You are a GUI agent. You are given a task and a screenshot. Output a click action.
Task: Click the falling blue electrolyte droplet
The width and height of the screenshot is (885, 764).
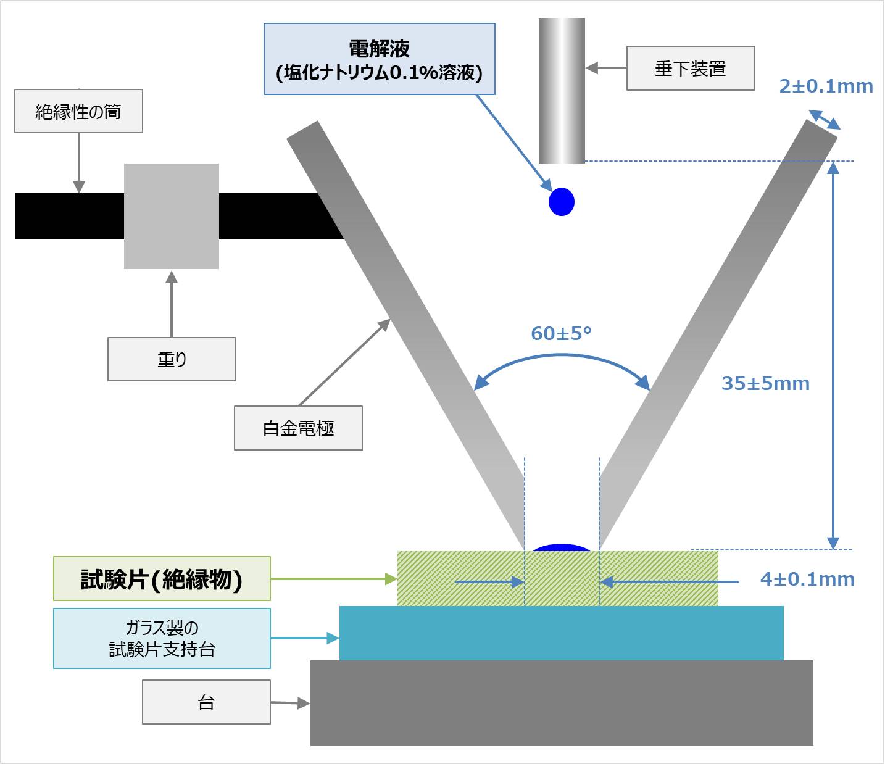[x=562, y=202]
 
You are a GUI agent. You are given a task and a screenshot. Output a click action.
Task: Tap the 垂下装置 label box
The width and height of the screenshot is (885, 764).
[x=691, y=69]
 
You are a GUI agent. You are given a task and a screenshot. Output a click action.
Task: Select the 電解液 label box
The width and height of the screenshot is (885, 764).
[x=379, y=59]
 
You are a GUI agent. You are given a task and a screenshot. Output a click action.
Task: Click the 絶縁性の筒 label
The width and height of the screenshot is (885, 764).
[x=78, y=111]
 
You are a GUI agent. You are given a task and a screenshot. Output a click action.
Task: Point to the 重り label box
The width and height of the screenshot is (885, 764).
[x=172, y=359]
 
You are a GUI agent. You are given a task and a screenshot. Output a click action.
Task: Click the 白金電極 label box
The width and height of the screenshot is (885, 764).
[x=298, y=428]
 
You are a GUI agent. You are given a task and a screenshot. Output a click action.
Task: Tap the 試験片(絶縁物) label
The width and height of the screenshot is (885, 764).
[x=162, y=579]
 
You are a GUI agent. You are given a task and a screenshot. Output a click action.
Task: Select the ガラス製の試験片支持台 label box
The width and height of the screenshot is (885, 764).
[x=162, y=639]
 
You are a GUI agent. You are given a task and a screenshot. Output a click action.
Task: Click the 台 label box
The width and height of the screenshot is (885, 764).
[x=206, y=702]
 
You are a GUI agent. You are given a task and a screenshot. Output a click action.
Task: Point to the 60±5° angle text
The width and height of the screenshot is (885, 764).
[x=561, y=334]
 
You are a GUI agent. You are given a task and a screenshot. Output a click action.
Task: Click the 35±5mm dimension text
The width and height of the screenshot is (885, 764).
[x=765, y=384]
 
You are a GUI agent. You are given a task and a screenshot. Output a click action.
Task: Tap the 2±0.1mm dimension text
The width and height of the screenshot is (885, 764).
[x=826, y=86]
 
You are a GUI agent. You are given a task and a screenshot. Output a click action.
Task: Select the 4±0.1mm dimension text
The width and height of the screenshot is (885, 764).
[x=807, y=579]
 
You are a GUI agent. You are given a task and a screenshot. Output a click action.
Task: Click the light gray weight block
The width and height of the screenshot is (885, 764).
[x=172, y=216]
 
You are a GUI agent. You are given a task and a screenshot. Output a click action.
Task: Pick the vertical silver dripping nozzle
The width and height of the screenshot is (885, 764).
[x=562, y=90]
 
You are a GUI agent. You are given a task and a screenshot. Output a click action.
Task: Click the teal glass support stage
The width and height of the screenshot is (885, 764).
[x=561, y=633]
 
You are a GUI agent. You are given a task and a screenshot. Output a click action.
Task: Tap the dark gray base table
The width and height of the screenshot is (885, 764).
[x=561, y=703]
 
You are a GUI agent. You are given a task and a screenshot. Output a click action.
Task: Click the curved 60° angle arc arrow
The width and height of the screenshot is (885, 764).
[x=562, y=356]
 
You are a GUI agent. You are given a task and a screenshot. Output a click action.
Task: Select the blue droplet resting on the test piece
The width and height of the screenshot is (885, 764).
[x=562, y=547]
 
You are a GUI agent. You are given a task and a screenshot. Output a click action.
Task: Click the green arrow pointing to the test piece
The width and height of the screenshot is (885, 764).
[x=333, y=579]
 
